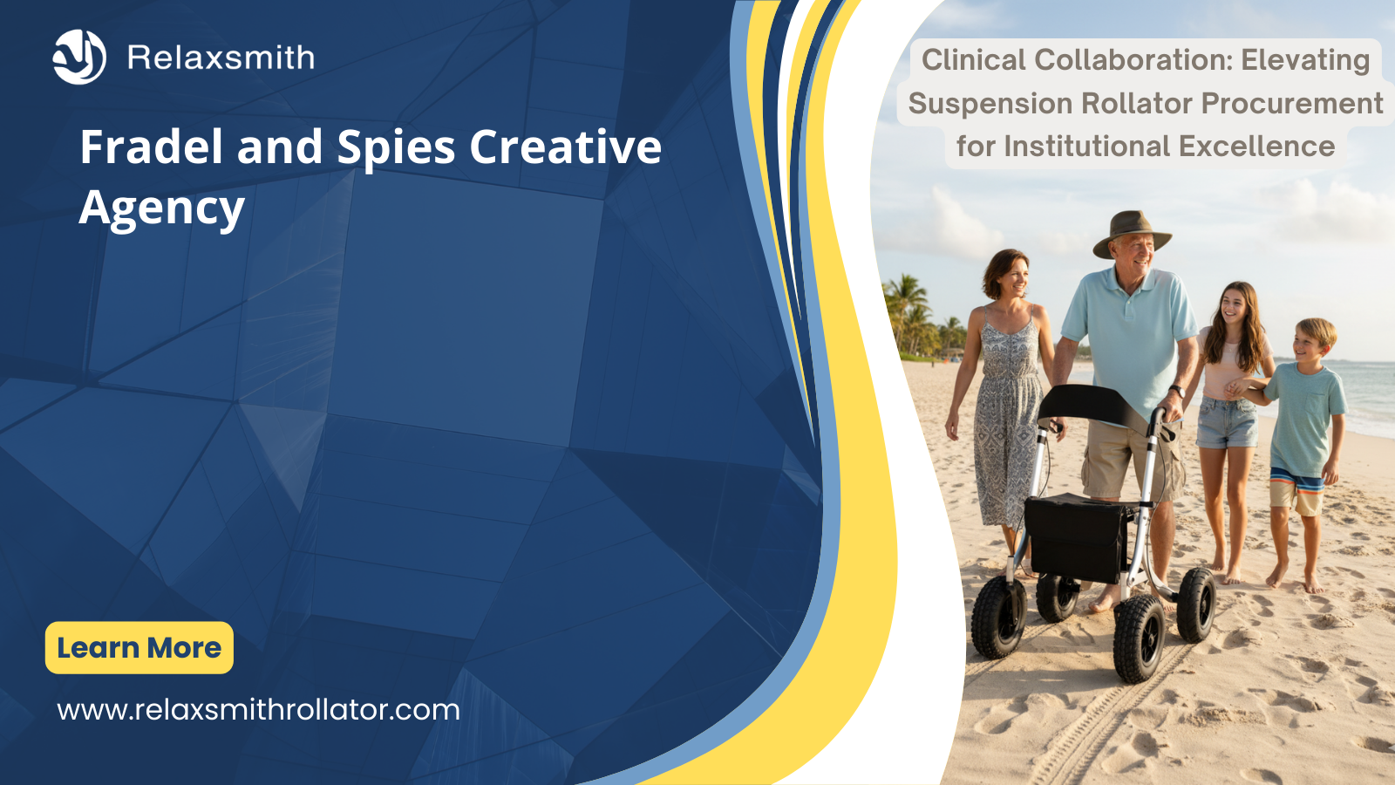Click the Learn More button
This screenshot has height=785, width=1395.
[139, 648]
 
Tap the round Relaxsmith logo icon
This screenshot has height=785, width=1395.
[79, 57]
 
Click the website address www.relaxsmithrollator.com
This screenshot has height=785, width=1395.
[258, 710]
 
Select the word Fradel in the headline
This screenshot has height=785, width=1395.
[151, 147]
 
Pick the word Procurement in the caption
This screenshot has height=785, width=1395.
[1291, 104]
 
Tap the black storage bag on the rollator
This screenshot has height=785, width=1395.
[1076, 538]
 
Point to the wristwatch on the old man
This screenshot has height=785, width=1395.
[1176, 392]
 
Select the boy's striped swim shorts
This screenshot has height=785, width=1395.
[1296, 490]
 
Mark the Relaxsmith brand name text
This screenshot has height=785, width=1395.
[221, 58]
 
